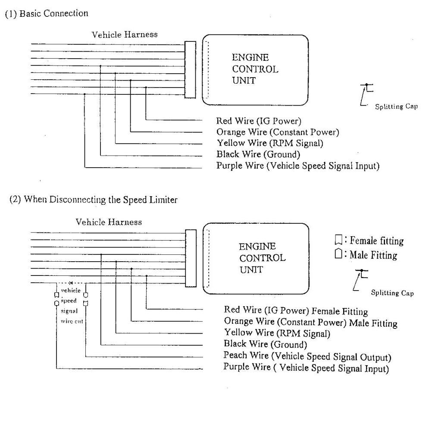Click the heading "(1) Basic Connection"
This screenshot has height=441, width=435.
[46, 13]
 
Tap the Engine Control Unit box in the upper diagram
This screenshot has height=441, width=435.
[256, 69]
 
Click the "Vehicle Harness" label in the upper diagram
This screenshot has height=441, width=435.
[125, 34]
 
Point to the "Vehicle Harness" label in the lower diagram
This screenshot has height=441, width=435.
[109, 222]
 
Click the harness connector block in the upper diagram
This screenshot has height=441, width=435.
[190, 69]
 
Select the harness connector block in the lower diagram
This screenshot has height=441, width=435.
[190, 258]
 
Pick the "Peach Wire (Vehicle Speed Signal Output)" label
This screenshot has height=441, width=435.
[307, 357]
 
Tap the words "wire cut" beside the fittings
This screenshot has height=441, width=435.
[69, 321]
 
